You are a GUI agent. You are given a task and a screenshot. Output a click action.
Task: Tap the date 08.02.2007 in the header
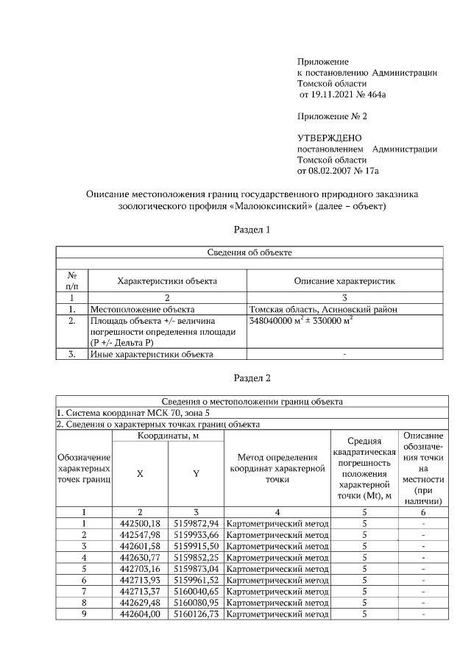pos(333,170)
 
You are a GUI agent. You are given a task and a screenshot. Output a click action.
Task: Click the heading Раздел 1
pos(252,230)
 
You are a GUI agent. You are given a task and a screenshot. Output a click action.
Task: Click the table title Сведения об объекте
pos(249,252)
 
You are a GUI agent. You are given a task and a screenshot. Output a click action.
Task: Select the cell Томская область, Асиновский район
pos(324,310)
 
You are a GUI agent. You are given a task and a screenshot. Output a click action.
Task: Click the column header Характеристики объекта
pos(167,281)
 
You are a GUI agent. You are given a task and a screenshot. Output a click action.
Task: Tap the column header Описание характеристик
pos(344,281)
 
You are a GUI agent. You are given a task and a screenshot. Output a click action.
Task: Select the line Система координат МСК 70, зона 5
pos(132,412)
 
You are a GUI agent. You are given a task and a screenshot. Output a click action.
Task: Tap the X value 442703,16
pos(140,568)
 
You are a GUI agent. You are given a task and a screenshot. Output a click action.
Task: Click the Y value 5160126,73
pos(196,613)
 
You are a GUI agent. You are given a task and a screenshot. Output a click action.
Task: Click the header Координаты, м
pos(168,436)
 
